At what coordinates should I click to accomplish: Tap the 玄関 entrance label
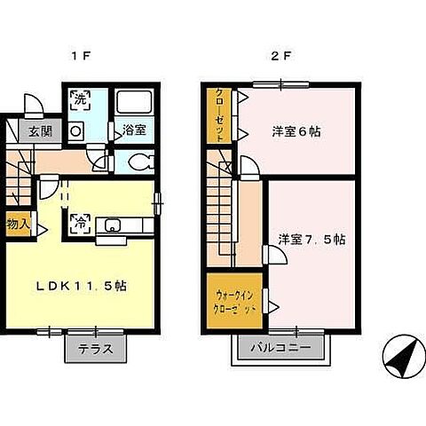[39, 132]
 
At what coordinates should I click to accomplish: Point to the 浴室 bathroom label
[135, 129]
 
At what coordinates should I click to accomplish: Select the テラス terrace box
[95, 348]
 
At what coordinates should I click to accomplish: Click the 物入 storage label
[17, 223]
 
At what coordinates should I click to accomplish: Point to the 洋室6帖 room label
[296, 131]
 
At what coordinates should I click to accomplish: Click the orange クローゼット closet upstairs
[218, 115]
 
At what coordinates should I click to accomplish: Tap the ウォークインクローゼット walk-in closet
[235, 303]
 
